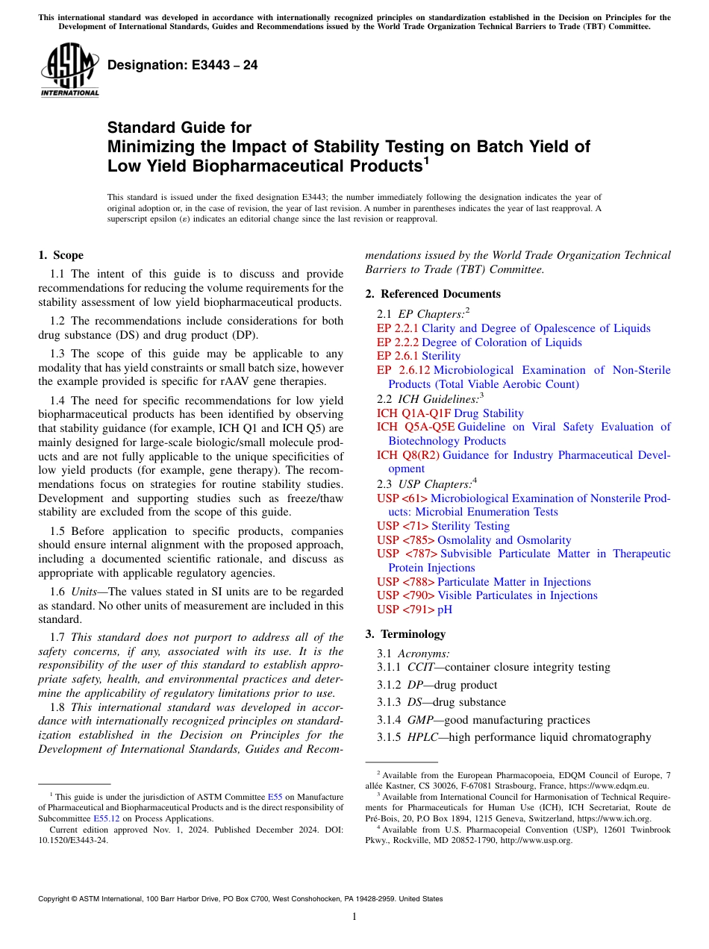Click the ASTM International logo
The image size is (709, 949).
click(69, 70)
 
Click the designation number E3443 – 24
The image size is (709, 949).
click(183, 66)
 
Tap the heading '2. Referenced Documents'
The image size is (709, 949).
click(433, 294)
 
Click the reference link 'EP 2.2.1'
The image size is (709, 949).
click(398, 328)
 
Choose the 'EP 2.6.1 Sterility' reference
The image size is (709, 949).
click(419, 356)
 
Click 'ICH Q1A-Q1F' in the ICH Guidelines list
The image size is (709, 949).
click(413, 413)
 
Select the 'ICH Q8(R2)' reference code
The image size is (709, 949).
click(408, 455)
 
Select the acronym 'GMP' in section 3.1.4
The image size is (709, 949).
click(421, 720)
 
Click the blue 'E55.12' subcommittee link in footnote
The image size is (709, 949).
click(105, 818)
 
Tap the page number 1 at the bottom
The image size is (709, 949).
click(354, 917)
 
